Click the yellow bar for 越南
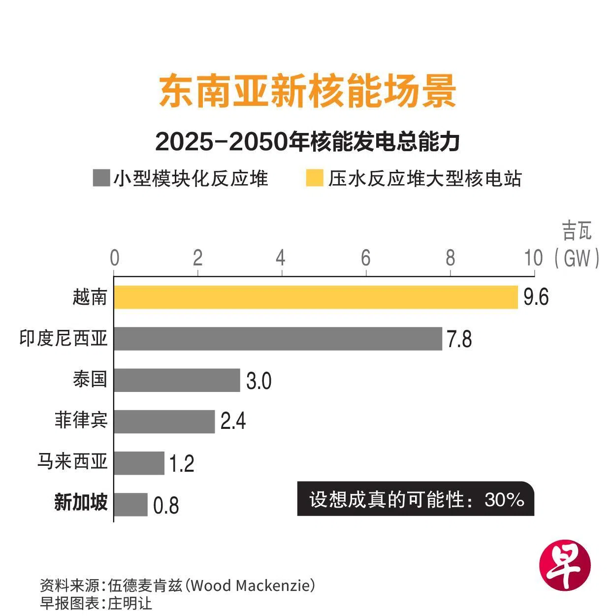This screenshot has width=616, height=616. pyautogui.click(x=316, y=297)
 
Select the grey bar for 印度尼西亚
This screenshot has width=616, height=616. pyautogui.click(x=278, y=338)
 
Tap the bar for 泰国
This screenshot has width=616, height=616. pyautogui.click(x=177, y=380)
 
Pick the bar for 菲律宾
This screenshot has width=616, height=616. pyautogui.click(x=164, y=421)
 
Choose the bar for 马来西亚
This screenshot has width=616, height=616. pyautogui.click(x=139, y=463)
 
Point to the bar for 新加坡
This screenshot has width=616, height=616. pyautogui.click(x=130, y=504)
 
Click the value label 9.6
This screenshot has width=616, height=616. pyautogui.click(x=536, y=297)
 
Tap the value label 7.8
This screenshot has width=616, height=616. pyautogui.click(x=459, y=339)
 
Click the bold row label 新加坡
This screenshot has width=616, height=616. pyautogui.click(x=81, y=503)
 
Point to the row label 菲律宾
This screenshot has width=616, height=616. pyautogui.click(x=81, y=421)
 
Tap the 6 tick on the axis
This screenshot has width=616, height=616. pyautogui.click(x=365, y=258)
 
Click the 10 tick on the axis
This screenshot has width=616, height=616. pyautogui.click(x=533, y=258)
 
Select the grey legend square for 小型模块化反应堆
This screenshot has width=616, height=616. pyautogui.click(x=101, y=178)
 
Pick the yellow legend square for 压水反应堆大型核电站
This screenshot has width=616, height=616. pyautogui.click(x=314, y=178)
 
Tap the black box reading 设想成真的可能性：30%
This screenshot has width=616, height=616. pyautogui.click(x=416, y=500)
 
